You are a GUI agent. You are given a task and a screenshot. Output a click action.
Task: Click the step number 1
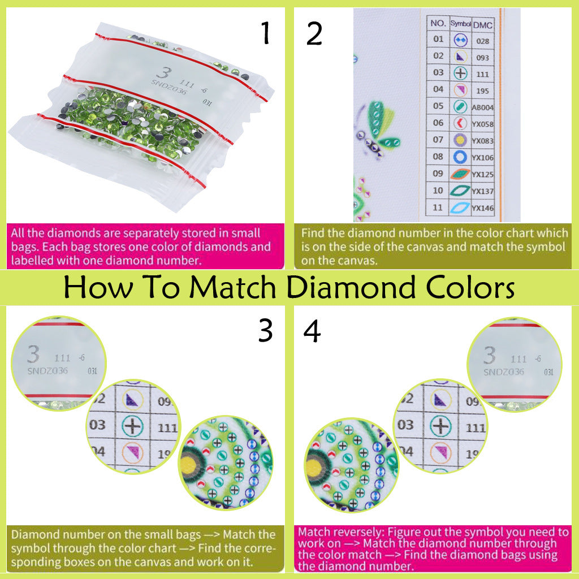(265, 34)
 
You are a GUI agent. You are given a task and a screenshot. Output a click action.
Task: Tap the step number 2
(314, 34)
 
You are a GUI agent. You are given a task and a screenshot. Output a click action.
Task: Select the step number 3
(265, 331)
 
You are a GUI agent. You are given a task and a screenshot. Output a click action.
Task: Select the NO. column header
(438, 23)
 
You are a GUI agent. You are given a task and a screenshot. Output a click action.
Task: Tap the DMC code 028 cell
(482, 41)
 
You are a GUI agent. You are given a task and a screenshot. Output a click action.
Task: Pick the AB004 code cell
(483, 107)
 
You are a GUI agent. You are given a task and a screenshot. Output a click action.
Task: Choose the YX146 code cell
(483, 208)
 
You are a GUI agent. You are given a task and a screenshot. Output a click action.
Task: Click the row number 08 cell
(438, 157)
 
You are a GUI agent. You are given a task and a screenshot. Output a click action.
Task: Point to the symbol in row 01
(460, 40)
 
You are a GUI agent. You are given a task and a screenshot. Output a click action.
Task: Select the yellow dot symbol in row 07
(460, 140)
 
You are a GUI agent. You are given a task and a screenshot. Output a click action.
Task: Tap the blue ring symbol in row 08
(460, 157)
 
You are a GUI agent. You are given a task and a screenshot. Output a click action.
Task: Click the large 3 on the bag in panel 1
(163, 74)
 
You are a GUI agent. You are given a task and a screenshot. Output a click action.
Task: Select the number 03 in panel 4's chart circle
(405, 424)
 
